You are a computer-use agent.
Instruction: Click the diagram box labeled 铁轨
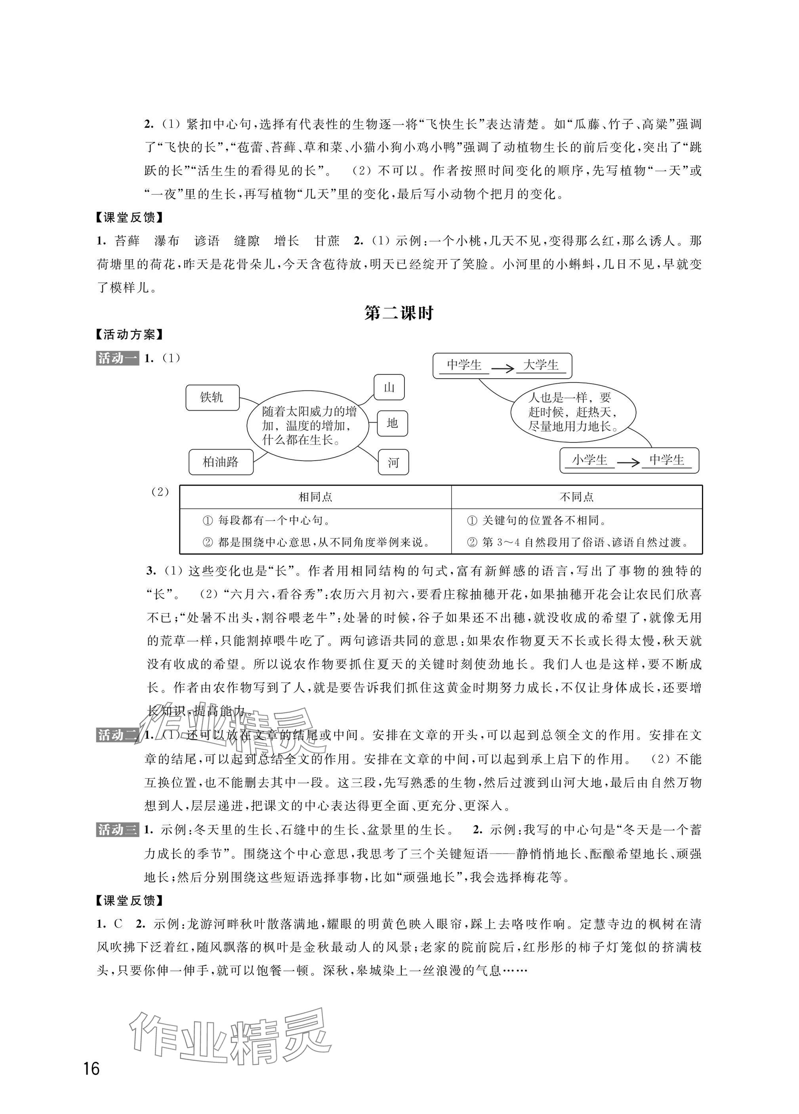(x=212, y=397)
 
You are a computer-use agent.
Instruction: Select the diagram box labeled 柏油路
(x=221, y=462)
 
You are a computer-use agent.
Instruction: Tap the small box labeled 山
(x=389, y=388)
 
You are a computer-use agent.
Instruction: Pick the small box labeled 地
(x=392, y=423)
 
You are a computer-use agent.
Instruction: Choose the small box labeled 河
(x=393, y=462)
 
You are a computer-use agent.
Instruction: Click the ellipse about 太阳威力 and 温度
(x=308, y=425)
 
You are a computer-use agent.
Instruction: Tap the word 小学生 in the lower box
(x=589, y=460)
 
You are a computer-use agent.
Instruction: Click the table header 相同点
(x=316, y=497)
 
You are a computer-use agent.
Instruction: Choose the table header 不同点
(x=577, y=497)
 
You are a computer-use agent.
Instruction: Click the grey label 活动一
(x=117, y=358)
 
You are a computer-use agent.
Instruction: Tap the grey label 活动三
(x=117, y=830)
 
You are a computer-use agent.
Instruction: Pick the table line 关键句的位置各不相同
(x=537, y=520)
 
